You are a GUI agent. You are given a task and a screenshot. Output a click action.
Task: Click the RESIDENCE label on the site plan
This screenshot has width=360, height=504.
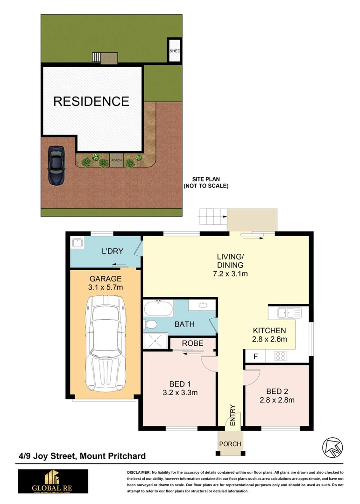[91, 101]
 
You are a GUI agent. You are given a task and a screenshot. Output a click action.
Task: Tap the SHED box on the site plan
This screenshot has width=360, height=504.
[174, 50]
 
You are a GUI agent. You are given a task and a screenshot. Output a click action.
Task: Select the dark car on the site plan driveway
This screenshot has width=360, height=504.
[56, 166]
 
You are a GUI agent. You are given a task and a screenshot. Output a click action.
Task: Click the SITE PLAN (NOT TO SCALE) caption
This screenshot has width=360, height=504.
[206, 182]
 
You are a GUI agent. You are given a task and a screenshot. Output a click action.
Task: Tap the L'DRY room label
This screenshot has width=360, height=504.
[112, 251]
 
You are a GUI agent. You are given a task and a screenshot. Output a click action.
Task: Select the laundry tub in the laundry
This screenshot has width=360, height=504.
[77, 244]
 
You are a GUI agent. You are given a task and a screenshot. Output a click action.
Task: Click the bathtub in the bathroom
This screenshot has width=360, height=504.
[158, 309]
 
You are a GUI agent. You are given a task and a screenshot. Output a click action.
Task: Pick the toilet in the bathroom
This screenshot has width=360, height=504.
[150, 324]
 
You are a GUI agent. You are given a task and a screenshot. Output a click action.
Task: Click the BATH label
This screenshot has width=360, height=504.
[184, 324]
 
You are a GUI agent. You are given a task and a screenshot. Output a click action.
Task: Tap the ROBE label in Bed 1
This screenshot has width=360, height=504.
[192, 343]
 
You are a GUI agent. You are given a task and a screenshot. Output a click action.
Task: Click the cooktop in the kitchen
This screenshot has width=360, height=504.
[281, 356]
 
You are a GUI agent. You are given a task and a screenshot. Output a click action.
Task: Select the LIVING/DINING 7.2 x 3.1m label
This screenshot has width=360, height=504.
[230, 265]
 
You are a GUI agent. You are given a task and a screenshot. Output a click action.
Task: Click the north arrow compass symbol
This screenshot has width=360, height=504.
[332, 448]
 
